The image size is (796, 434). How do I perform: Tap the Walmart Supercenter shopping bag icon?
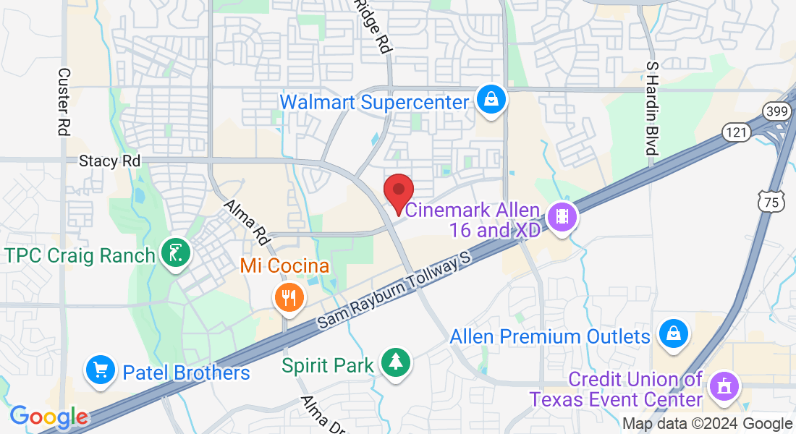491,101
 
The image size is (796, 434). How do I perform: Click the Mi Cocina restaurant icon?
289,297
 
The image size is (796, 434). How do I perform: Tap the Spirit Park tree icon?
395,363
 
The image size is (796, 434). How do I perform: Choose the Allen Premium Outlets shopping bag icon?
674,334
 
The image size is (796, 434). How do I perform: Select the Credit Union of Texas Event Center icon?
723,386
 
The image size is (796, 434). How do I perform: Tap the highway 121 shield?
732,132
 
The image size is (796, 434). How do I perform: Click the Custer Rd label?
64,102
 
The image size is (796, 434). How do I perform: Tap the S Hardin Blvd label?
653,108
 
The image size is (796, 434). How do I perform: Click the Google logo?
48,417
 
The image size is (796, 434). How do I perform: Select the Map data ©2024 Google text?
708,424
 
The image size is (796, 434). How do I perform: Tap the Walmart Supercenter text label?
374,102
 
